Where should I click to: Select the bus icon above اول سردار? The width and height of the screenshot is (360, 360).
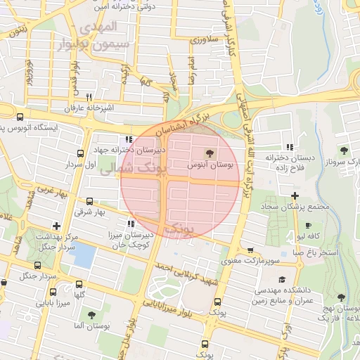[x=79, y=153]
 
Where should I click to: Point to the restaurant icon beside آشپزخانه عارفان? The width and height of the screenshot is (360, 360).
[x=89, y=98]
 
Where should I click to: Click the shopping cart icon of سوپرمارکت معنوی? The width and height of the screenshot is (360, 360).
[x=250, y=250]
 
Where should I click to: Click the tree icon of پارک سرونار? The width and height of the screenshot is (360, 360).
[x=344, y=150]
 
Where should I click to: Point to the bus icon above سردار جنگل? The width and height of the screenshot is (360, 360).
[x=38, y=265]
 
